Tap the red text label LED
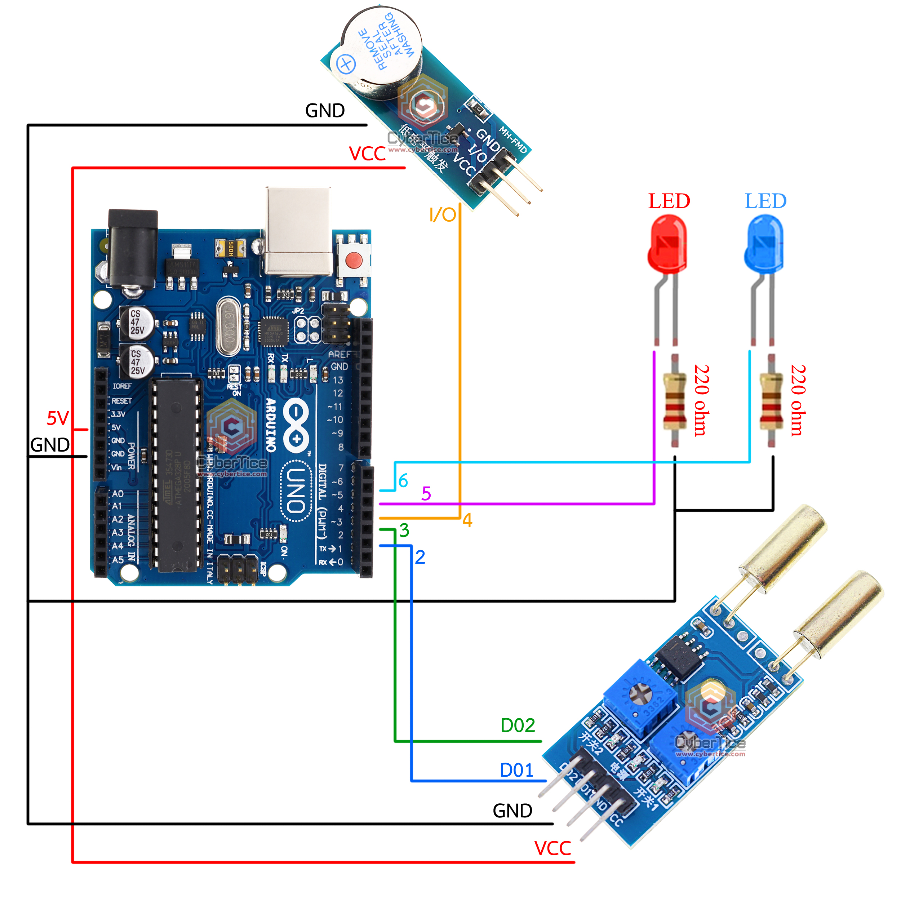click(669, 201)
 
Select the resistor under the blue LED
click(771, 401)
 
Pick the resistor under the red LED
click(674, 401)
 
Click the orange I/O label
click(442, 215)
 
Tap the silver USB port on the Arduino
click(298, 231)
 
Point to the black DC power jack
click(133, 249)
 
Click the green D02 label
click(518, 725)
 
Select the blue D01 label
click(516, 771)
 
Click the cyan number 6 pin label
click(403, 480)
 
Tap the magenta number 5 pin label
click(426, 493)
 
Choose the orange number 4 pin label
click(467, 520)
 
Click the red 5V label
click(58, 418)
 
